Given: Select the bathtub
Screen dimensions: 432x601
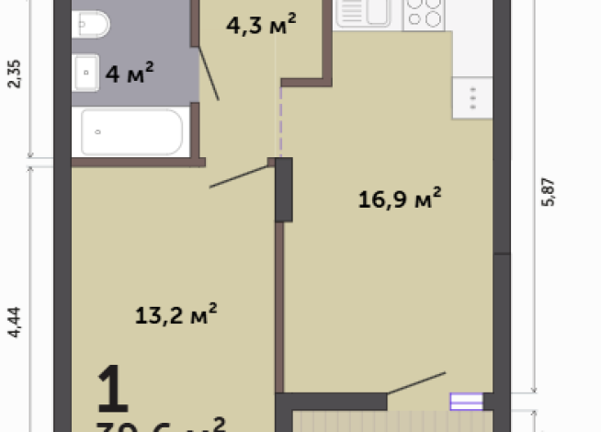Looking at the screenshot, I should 134,131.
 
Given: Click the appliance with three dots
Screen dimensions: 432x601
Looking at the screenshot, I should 472,97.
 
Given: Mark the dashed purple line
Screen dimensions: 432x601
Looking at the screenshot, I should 280,124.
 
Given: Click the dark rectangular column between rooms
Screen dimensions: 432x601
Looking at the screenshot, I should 284,189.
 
